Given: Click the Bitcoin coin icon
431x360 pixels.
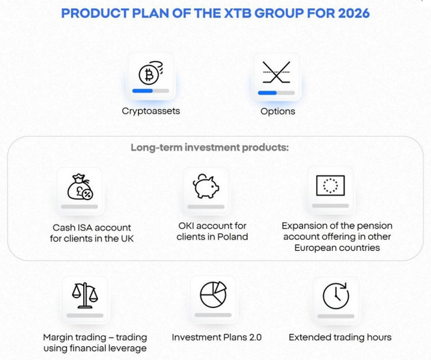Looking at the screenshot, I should tap(151, 74).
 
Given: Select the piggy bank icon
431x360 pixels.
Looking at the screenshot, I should tap(206, 186).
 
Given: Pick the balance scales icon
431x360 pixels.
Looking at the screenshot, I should tap(85, 296).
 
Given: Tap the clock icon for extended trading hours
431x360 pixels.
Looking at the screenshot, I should tap(335, 296).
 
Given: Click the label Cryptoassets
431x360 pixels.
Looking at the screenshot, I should tap(151, 111).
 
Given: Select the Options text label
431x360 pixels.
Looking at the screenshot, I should tap(278, 111).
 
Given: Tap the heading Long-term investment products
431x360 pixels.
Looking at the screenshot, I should tap(209, 148).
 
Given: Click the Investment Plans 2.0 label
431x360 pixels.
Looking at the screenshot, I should tap(216, 337).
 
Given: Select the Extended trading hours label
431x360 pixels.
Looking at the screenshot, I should tap(340, 337).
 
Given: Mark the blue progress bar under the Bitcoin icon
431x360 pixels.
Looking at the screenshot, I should tap(142, 91).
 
